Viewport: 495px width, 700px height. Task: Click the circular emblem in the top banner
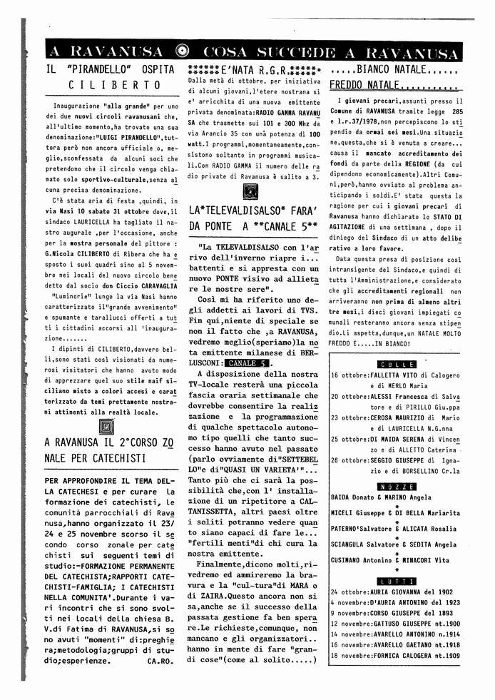(x=182, y=51)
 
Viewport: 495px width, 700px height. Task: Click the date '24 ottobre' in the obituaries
(x=348, y=592)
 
